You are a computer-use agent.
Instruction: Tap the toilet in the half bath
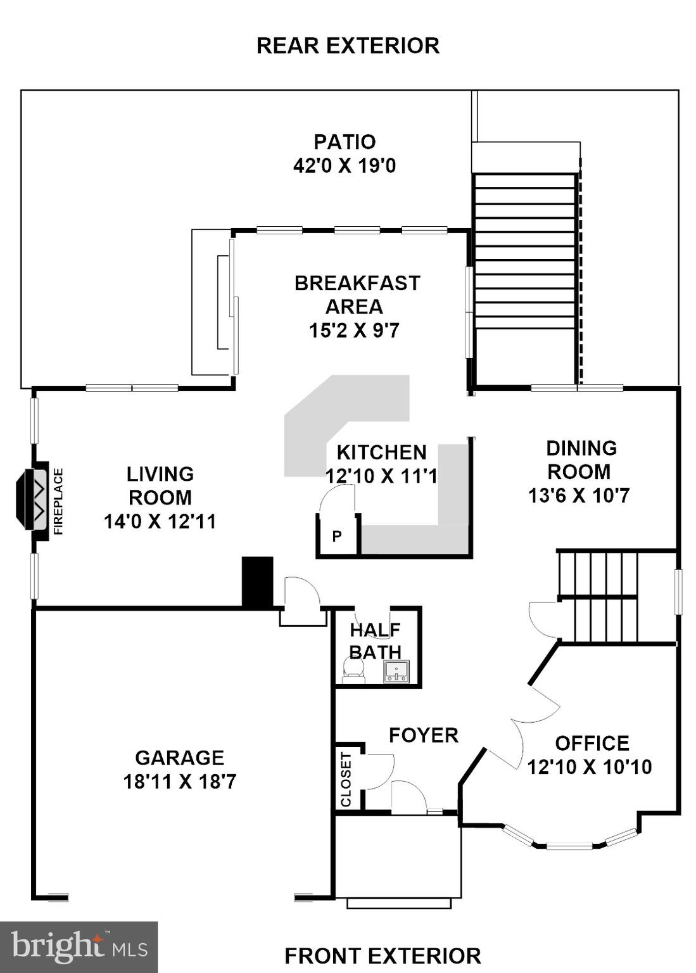click(x=353, y=671)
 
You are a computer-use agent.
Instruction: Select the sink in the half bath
click(x=396, y=671)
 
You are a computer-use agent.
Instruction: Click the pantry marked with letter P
click(x=337, y=537)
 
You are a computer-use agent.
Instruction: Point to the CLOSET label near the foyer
click(x=346, y=779)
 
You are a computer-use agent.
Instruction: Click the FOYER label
click(x=423, y=735)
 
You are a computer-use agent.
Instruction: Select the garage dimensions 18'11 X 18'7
click(x=180, y=782)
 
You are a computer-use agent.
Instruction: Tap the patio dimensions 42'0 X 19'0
click(x=345, y=166)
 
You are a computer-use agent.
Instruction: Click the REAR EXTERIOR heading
click(x=348, y=46)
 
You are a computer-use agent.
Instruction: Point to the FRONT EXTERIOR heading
click(x=383, y=955)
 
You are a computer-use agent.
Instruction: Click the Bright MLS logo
click(x=79, y=947)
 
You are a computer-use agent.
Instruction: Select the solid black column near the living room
click(x=258, y=582)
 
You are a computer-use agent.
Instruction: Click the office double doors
click(x=523, y=728)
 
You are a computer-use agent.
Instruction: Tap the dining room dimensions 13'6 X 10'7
click(x=579, y=495)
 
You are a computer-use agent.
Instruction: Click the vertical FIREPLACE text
click(x=58, y=501)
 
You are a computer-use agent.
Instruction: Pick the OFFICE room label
click(x=592, y=743)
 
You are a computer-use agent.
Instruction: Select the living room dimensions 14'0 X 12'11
click(x=160, y=521)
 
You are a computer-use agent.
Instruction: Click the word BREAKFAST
click(x=357, y=283)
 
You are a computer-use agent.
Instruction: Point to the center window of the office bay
click(x=569, y=846)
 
